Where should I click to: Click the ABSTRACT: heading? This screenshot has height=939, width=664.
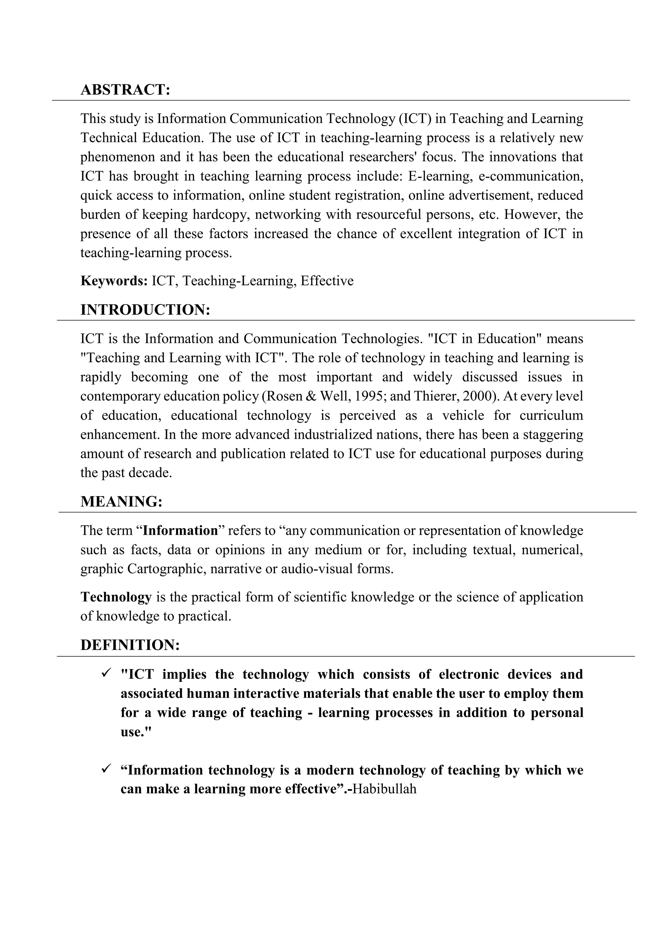(125, 89)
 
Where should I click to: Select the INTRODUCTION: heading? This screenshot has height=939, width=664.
(145, 310)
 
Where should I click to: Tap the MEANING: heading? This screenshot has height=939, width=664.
(122, 501)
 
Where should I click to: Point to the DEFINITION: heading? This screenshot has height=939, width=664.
(130, 645)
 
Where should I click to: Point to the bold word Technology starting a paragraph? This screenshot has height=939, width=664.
(116, 597)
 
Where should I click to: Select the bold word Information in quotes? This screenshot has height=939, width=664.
(180, 530)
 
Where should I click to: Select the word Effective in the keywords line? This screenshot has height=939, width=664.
(327, 281)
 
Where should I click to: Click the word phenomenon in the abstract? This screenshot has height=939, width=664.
(118, 157)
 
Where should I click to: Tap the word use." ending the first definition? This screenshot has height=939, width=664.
(136, 732)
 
